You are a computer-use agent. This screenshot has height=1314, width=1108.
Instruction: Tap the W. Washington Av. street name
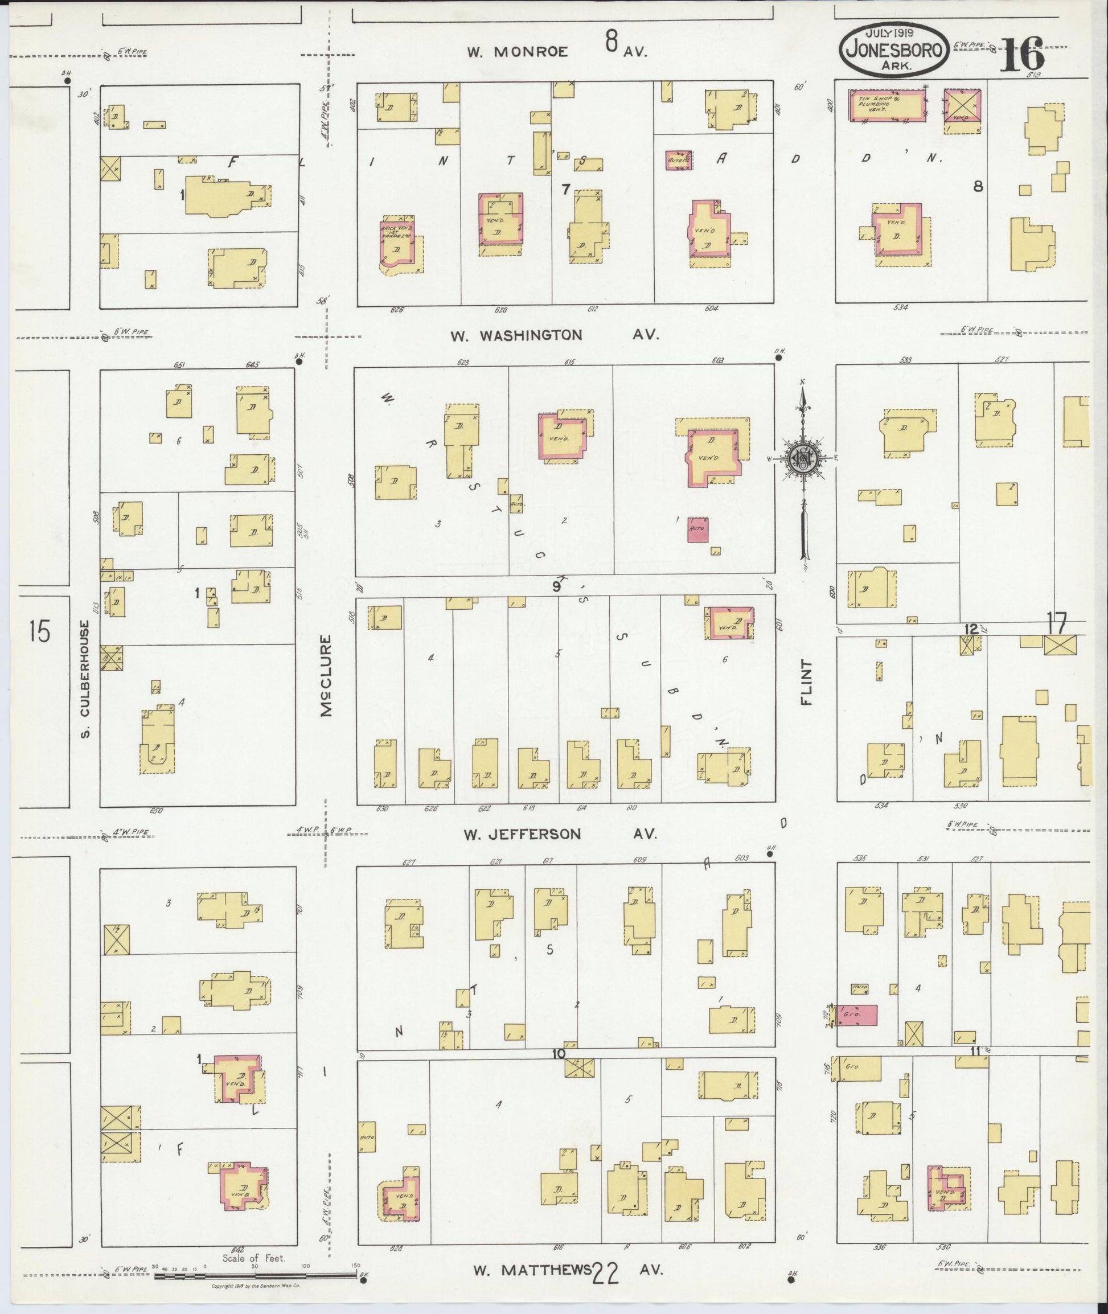tap(516, 335)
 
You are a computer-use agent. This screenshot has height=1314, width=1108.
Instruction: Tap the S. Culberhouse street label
tap(87, 679)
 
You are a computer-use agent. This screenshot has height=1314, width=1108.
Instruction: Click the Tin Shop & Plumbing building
tap(888, 105)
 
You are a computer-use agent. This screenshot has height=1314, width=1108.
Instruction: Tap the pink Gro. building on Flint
tap(858, 1015)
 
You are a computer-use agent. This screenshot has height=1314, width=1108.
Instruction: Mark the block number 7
tap(565, 189)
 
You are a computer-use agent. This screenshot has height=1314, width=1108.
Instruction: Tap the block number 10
tap(559, 1054)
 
